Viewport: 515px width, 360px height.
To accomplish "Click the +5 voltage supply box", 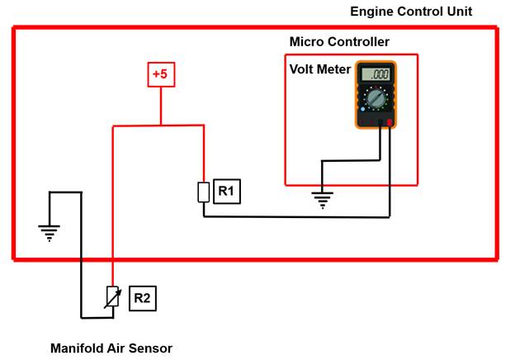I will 160,75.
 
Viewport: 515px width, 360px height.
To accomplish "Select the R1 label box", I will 226,192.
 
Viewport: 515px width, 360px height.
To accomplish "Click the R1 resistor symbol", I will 203,192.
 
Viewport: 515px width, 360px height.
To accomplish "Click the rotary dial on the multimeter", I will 376,101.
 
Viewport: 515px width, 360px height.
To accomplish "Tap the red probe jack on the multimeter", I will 389,123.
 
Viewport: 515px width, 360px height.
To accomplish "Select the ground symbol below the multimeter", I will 322,198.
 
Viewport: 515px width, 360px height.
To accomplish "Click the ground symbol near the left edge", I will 50,232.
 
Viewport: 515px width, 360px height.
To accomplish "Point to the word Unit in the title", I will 458,12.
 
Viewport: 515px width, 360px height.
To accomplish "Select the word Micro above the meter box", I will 305,42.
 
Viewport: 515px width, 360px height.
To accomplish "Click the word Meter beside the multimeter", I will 335,69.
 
